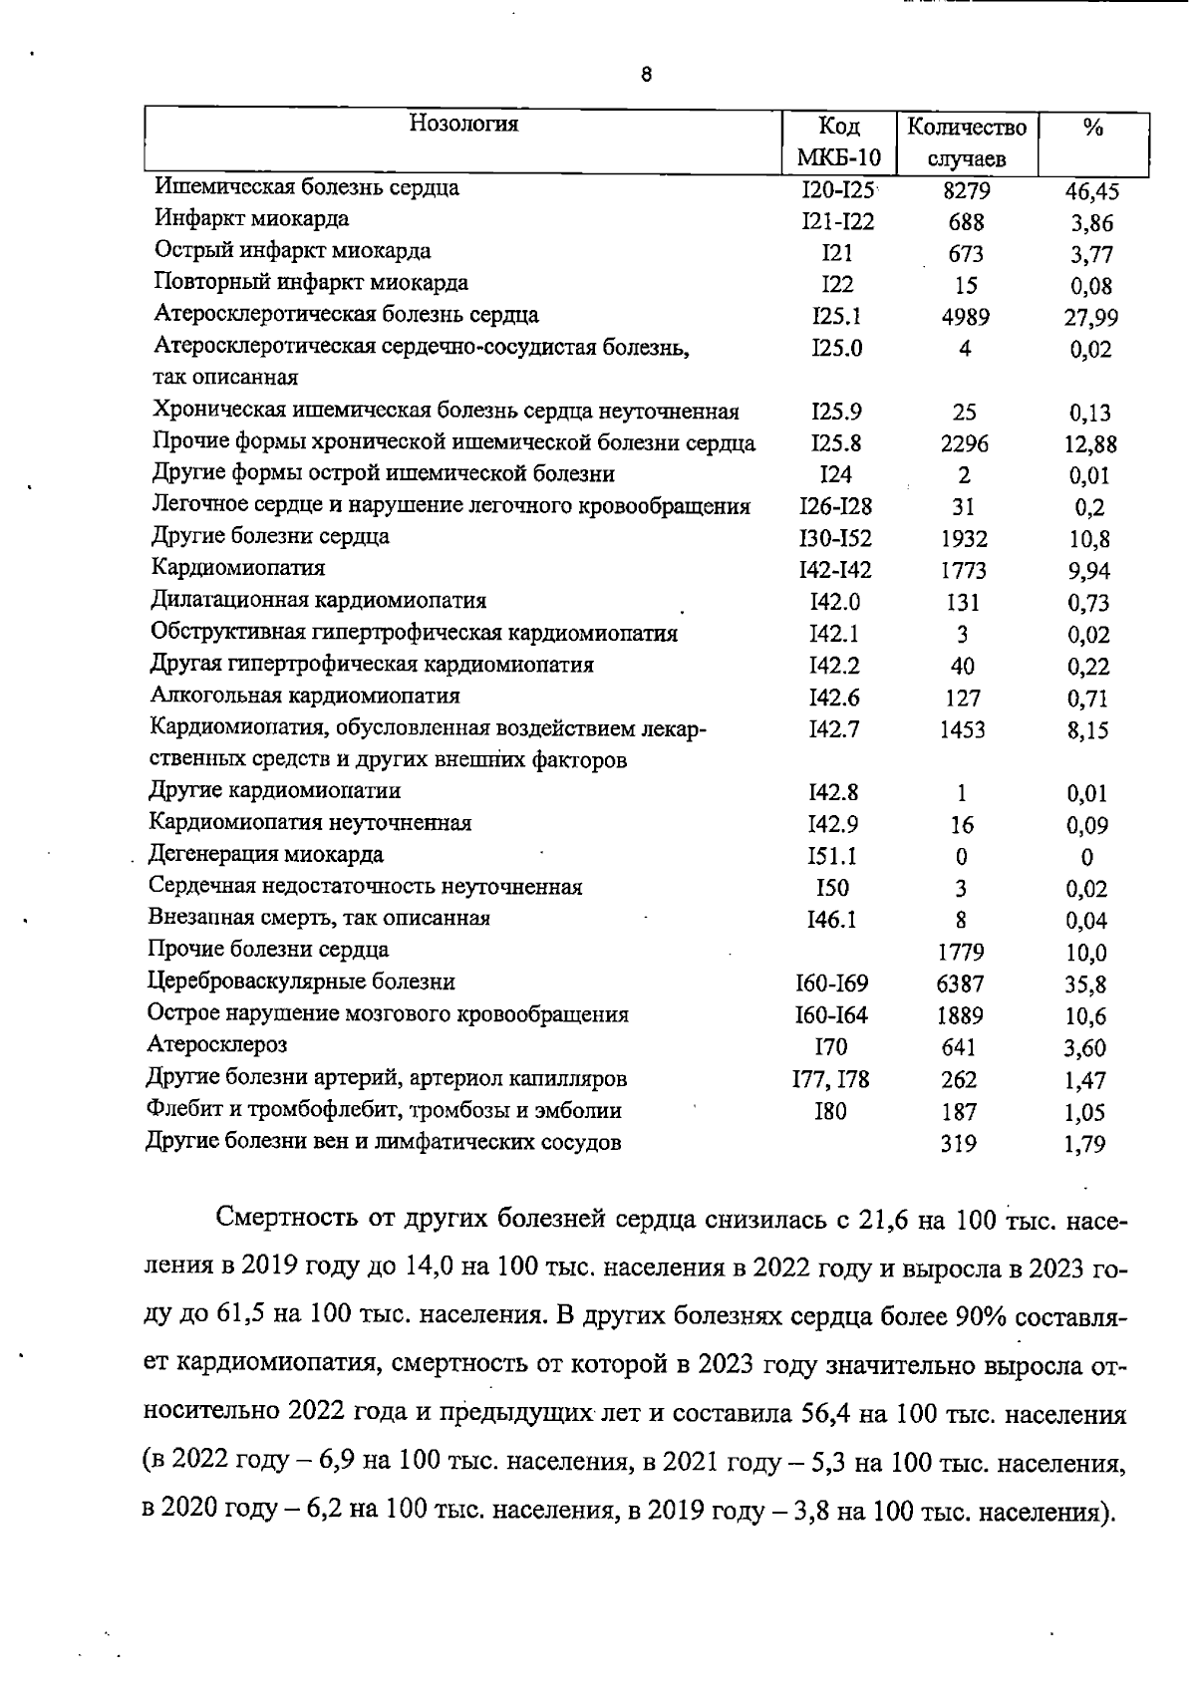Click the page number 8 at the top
click(647, 74)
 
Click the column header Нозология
click(464, 124)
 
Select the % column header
click(1093, 128)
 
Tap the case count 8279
click(965, 191)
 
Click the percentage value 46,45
click(1092, 192)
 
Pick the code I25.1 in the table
click(837, 317)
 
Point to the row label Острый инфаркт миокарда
click(292, 251)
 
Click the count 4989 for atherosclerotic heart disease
click(965, 318)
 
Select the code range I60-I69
click(832, 984)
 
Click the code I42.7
click(835, 729)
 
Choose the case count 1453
click(962, 730)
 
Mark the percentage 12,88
click(1089, 444)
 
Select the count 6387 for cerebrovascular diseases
click(961, 985)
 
